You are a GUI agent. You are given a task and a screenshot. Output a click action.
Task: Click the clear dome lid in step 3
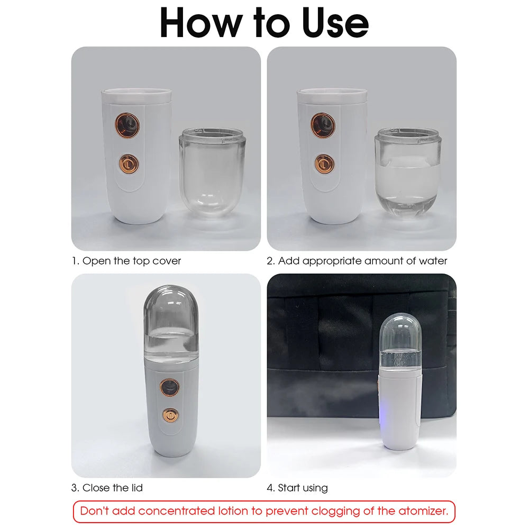tap(170, 320)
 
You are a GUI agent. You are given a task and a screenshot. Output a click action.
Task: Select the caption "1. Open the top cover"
tap(126, 261)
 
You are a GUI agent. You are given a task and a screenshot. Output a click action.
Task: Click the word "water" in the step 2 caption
tap(432, 261)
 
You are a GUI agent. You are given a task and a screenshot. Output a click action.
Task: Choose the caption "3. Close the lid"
tap(107, 488)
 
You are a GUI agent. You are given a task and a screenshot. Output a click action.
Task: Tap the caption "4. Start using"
tap(297, 488)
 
